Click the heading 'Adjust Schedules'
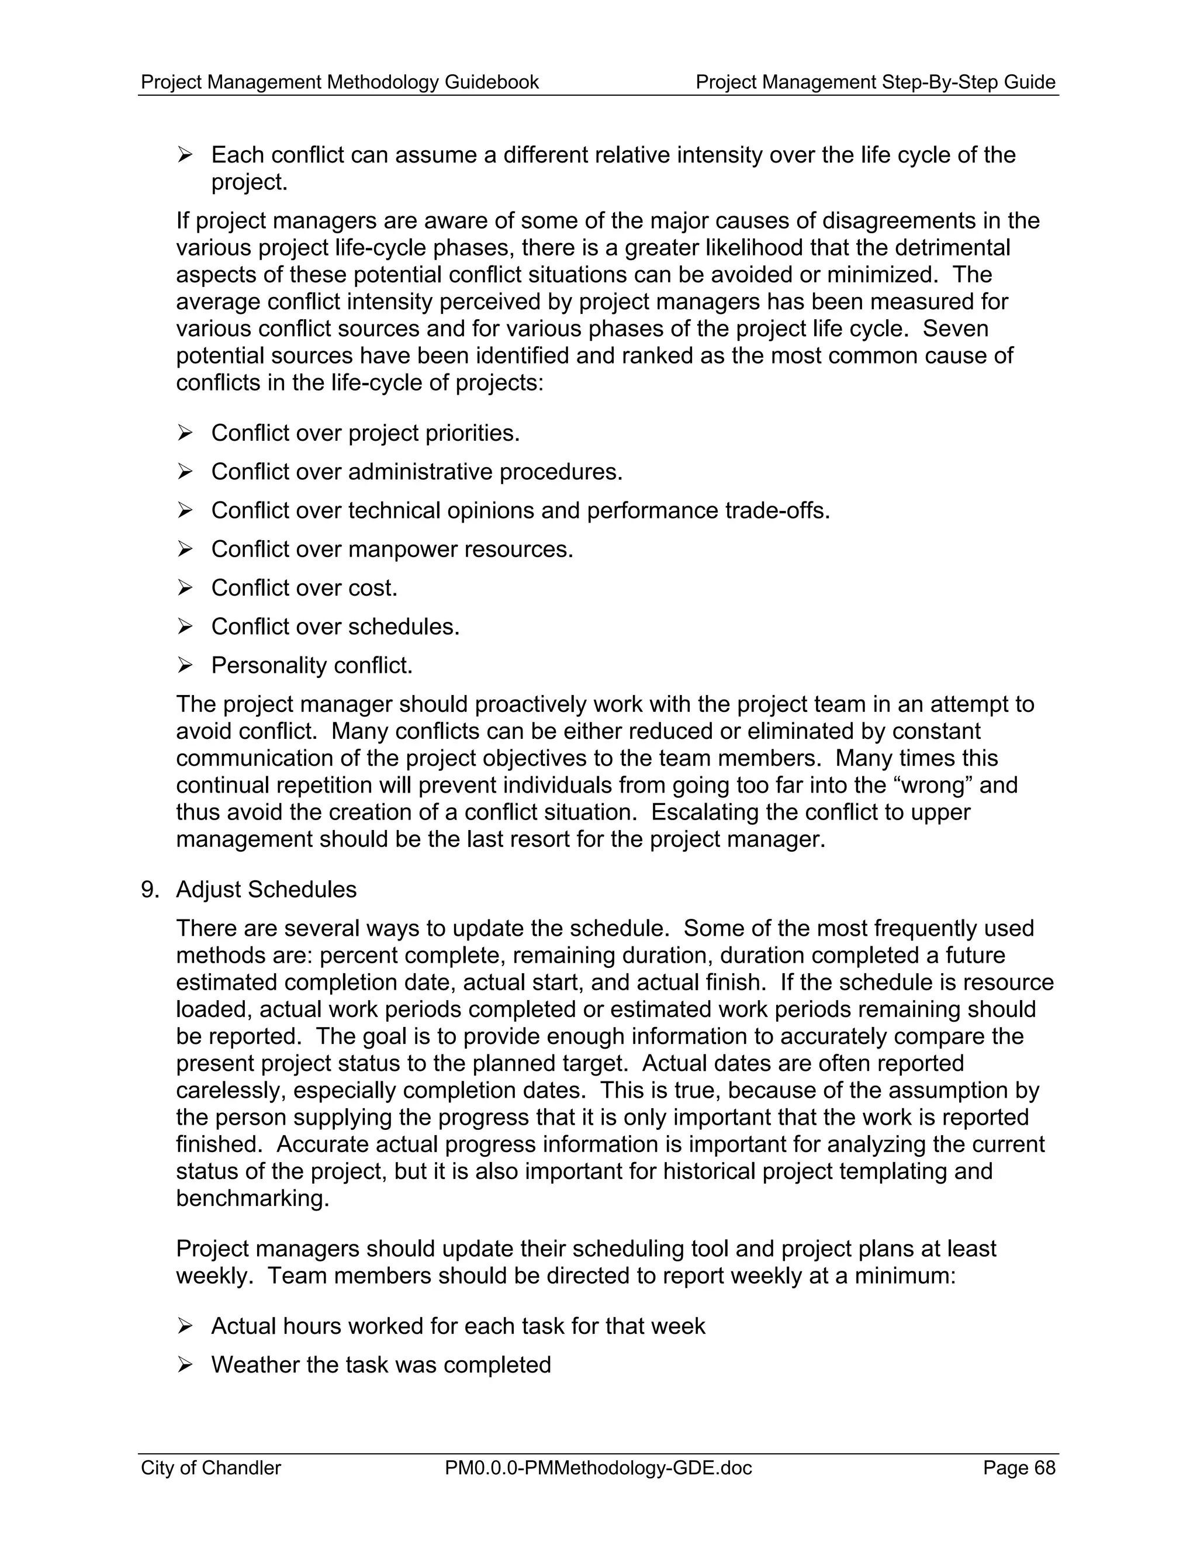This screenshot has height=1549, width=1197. tap(266, 890)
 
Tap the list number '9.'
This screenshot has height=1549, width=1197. tap(150, 890)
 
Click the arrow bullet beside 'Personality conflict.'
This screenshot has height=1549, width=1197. tap(185, 665)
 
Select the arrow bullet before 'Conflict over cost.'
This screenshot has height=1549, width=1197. tap(185, 588)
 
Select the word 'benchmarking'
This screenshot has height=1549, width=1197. tap(252, 1199)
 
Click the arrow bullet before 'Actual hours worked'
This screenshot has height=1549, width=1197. tap(185, 1326)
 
